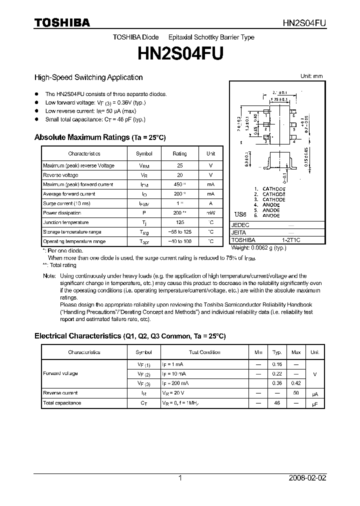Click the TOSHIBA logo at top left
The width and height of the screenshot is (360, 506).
pyautogui.click(x=62, y=22)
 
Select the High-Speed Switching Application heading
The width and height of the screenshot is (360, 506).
pyautogui.click(x=88, y=77)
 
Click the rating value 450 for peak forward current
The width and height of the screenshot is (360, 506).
pyautogui.click(x=179, y=184)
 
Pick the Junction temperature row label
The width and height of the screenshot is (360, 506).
pyautogui.click(x=66, y=222)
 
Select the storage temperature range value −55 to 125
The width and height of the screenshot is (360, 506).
pyautogui.click(x=179, y=232)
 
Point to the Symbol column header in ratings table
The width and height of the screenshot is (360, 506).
pyautogui.click(x=144, y=154)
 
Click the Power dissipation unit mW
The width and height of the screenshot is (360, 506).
pyautogui.click(x=210, y=213)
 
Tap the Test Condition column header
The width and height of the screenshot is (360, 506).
pyautogui.click(x=204, y=352)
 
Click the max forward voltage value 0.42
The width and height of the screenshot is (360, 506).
pyautogui.click(x=296, y=383)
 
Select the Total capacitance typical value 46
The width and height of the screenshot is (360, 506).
pyautogui.click(x=277, y=402)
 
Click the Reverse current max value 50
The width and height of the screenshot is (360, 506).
pyautogui.click(x=296, y=393)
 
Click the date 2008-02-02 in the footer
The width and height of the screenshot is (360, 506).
pyautogui.click(x=307, y=478)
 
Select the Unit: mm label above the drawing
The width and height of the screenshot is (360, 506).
pyautogui.click(x=311, y=76)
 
